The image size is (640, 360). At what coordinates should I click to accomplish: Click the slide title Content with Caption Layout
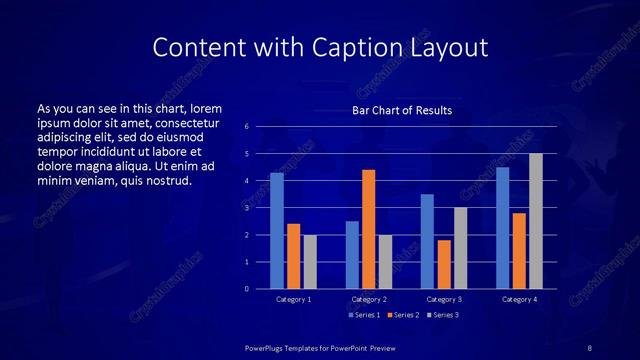click(320, 47)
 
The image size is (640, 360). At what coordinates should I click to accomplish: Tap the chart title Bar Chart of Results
click(401, 110)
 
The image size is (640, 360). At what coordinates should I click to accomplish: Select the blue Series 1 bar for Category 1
click(277, 231)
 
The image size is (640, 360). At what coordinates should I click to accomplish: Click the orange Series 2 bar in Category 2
click(369, 229)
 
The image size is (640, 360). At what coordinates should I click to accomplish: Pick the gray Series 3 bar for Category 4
click(536, 221)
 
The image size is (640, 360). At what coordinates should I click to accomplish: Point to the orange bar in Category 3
click(444, 264)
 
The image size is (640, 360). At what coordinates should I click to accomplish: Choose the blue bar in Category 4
click(502, 228)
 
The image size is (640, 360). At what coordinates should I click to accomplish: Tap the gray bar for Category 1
click(310, 262)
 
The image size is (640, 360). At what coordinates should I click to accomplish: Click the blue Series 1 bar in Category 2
click(352, 255)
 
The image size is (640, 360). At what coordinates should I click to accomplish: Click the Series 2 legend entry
click(402, 315)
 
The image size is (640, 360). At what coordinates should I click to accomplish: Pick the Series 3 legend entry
click(443, 315)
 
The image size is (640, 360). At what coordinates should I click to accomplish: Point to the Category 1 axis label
click(294, 299)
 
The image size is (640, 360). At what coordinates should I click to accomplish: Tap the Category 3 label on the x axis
click(444, 299)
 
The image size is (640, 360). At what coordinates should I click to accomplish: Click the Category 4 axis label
click(519, 299)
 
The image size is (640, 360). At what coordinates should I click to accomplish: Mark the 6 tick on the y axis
click(246, 127)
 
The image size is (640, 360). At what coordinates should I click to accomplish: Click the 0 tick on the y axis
click(246, 289)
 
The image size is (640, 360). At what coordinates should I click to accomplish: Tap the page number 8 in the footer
click(590, 347)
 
